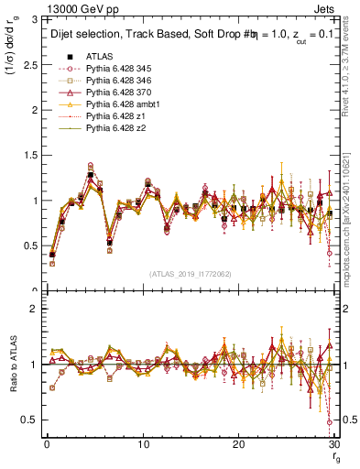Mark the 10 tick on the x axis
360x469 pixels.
coord(143,443)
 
